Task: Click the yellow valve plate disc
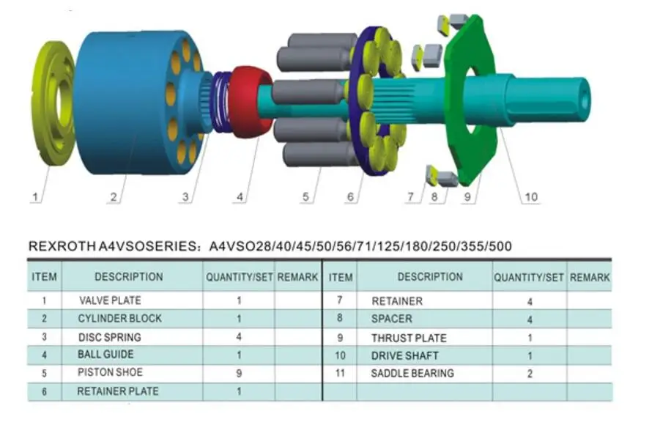(55, 103)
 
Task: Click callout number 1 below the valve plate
(34, 197)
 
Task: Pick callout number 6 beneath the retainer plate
(350, 197)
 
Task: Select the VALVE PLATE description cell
(110, 300)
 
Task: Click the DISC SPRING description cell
(110, 337)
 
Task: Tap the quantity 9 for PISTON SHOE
(239, 373)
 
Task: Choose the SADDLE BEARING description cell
(412, 373)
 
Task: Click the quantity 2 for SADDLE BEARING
(530, 373)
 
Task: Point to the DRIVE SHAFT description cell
(405, 355)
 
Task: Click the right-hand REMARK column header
(590, 278)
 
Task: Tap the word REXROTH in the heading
(62, 246)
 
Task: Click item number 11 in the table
(339, 373)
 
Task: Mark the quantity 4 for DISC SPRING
(239, 337)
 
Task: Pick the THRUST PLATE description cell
(409, 338)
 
